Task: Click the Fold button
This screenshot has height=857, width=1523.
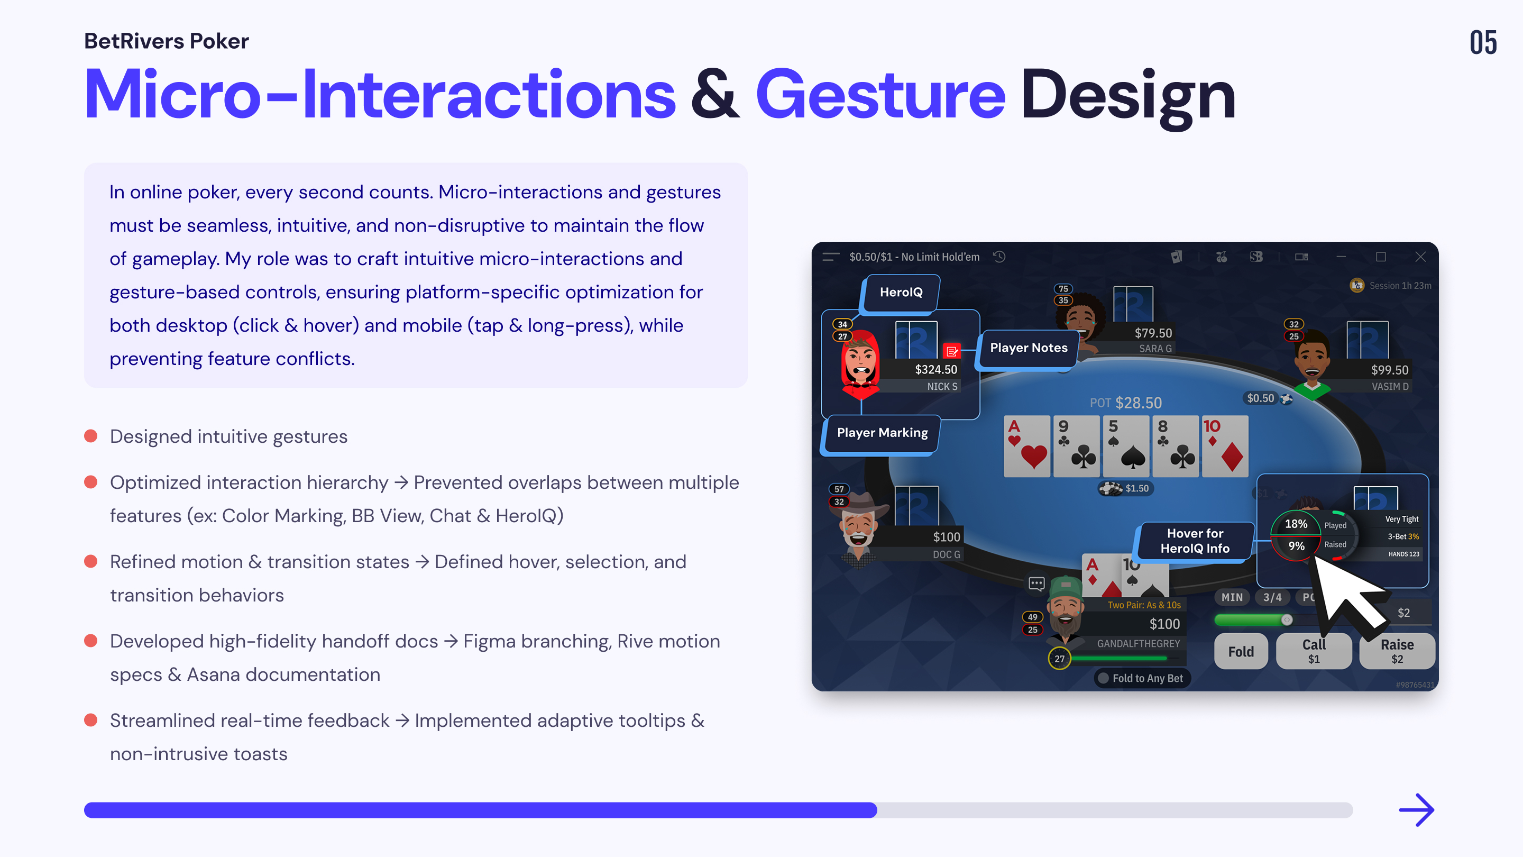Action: (1241, 651)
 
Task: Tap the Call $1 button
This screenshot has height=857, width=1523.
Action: (1313, 651)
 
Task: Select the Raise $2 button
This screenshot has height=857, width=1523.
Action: (1397, 651)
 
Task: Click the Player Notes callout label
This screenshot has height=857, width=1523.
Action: (1028, 348)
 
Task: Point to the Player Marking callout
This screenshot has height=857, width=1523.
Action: (882, 433)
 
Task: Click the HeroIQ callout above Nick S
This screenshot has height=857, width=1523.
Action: (901, 292)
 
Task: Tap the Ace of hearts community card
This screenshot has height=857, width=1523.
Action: (1026, 446)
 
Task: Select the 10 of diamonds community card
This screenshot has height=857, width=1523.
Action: (1224, 446)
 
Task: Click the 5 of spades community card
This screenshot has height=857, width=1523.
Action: (1125, 446)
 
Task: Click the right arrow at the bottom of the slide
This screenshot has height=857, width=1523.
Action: (1417, 810)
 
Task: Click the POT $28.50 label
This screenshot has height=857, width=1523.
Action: (1125, 403)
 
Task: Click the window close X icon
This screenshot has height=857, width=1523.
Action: (1420, 257)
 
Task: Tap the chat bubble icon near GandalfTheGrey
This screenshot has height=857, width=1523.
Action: (1036, 584)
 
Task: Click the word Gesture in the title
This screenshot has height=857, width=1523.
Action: (880, 95)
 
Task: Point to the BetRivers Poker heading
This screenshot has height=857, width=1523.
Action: (166, 41)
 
